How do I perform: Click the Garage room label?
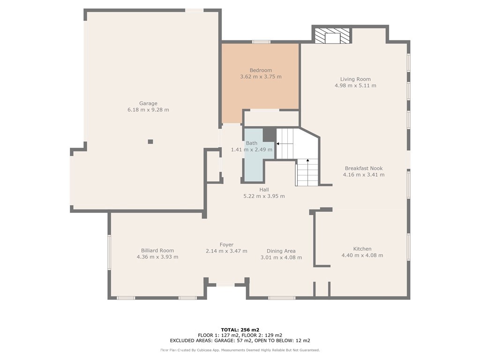[148, 104]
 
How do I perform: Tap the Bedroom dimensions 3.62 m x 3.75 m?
[261, 76]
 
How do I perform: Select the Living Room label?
[355, 79]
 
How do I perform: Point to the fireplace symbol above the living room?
[332, 36]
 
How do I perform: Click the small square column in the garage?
[150, 142]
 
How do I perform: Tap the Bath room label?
[252, 143]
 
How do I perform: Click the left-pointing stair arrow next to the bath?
[278, 143]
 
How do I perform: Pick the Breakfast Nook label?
[364, 168]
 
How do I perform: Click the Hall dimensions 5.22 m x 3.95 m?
[264, 196]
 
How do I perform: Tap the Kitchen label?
[362, 249]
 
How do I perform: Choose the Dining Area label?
[281, 251]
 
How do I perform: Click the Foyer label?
[226, 245]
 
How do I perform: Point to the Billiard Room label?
[157, 250]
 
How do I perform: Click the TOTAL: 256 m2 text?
[240, 330]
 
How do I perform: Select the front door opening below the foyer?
[225, 285]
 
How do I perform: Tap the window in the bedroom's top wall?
[261, 42]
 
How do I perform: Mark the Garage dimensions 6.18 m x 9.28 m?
[148, 110]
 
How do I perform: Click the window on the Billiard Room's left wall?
[109, 252]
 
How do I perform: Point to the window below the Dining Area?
[282, 298]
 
